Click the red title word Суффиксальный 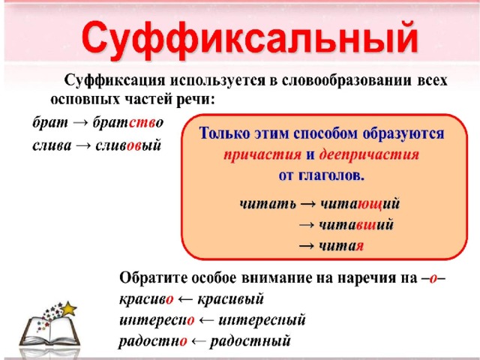[x=250, y=40]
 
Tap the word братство [x=128, y=122]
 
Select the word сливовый [x=128, y=145]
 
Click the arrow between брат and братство [x=80, y=123]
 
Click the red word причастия [x=262, y=154]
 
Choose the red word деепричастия [x=369, y=154]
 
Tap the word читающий [x=360, y=204]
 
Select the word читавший [x=356, y=225]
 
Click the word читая [x=341, y=246]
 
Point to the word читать [x=268, y=204]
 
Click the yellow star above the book [x=68, y=308]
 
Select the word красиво [x=146, y=299]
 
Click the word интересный [x=262, y=320]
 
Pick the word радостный [x=250, y=341]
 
